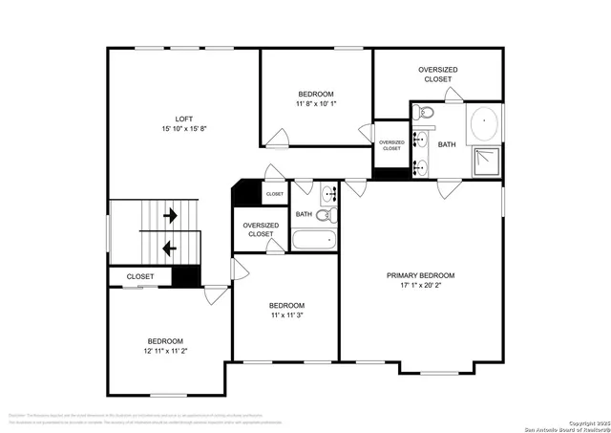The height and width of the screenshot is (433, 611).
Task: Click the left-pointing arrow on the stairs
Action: (x=170, y=248)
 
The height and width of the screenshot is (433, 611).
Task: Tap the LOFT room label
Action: (x=170, y=119)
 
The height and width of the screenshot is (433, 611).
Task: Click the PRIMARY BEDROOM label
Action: (x=420, y=275)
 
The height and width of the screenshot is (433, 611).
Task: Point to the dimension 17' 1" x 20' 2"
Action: (x=420, y=286)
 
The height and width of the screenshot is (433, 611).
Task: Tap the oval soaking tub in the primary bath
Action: (x=484, y=125)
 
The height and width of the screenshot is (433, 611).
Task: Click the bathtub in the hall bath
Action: (x=314, y=238)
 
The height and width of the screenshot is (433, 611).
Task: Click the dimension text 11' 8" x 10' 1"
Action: (x=315, y=104)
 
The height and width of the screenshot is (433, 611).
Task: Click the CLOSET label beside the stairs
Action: (x=140, y=277)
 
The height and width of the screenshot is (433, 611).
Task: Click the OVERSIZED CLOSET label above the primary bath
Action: (x=437, y=74)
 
